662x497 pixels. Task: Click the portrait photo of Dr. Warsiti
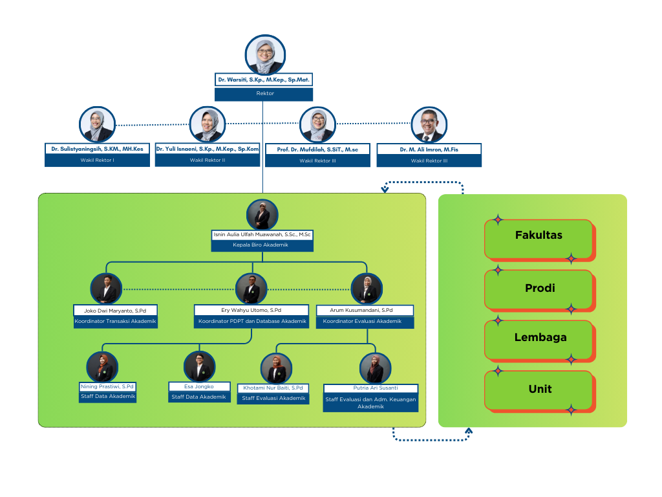[265, 55]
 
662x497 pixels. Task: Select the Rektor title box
[264, 93]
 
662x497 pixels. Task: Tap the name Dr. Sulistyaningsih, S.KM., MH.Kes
[98, 149]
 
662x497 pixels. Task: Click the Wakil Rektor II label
[208, 160]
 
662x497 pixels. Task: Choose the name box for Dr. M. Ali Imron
[429, 149]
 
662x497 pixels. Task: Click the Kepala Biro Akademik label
[262, 245]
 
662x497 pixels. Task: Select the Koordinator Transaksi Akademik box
[115, 321]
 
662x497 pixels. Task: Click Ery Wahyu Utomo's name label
[251, 310]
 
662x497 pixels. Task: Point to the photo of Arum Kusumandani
[367, 289]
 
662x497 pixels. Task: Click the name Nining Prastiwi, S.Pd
[107, 386]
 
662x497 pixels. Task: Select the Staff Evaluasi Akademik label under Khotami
[273, 399]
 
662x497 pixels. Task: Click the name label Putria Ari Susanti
[370, 388]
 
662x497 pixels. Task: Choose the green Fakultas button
[539, 236]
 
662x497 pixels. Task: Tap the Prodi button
[539, 287]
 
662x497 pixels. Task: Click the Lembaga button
[539, 337]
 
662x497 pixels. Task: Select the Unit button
[539, 389]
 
